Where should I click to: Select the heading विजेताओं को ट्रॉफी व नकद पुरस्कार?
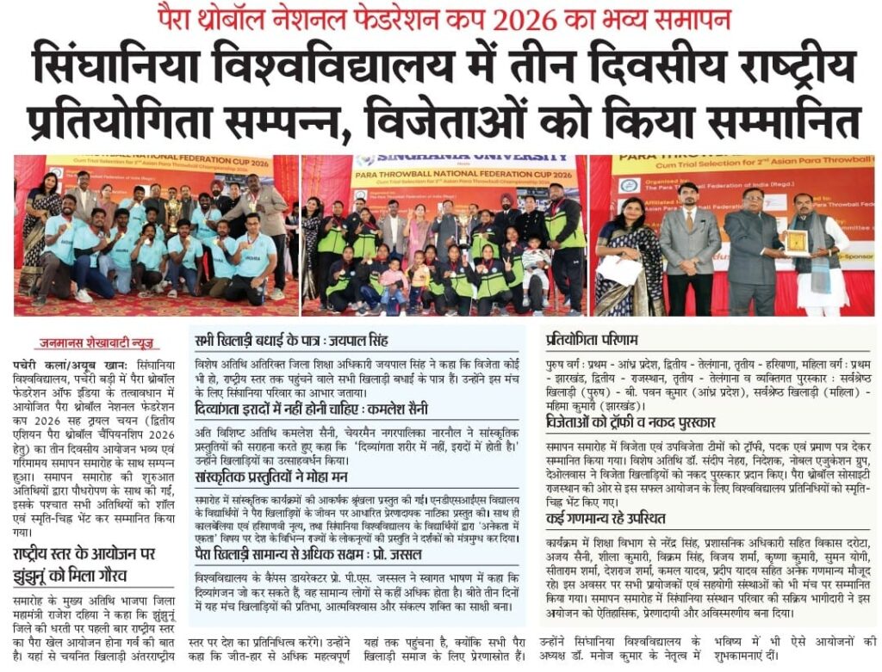pyautogui.click(x=640, y=422)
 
